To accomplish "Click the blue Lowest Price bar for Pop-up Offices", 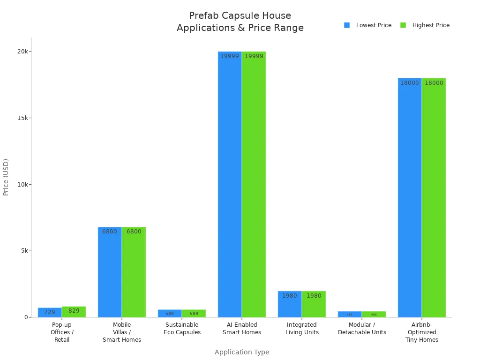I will coord(50,313).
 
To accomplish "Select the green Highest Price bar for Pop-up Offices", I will coord(74,312).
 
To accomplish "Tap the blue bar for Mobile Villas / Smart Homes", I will coord(110,272).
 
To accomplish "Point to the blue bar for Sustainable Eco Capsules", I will coord(170,314).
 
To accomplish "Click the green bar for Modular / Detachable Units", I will coord(374,314).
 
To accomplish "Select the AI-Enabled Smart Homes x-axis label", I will coord(242,329).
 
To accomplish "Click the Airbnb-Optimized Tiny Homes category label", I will coord(422,332).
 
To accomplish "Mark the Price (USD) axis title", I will coord(6,177).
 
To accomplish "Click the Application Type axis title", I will coord(242,352).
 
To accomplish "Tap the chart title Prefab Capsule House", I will coord(240,16).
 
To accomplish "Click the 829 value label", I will coord(74,311).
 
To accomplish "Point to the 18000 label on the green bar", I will coord(434,83).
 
